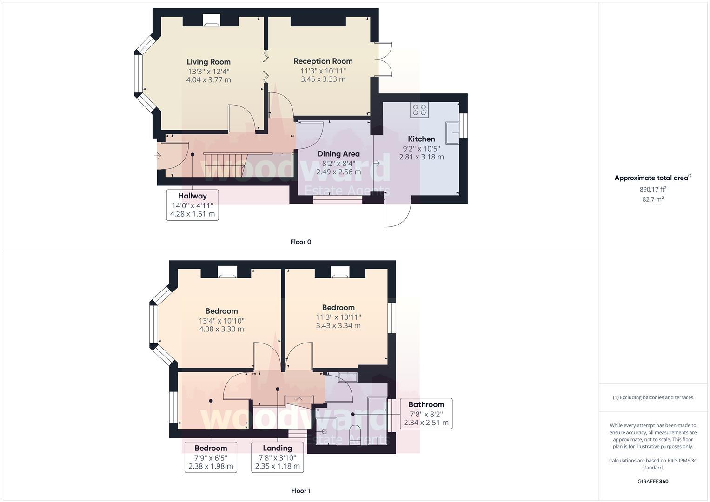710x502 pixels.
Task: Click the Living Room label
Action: [208, 62]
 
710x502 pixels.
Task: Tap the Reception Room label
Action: [323, 61]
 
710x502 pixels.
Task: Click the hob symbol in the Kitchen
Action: [419, 110]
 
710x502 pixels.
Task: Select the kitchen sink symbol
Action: [452, 133]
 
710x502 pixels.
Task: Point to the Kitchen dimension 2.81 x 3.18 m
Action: [421, 157]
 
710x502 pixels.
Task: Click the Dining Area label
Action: [338, 154]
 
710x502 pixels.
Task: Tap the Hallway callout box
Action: [192, 205]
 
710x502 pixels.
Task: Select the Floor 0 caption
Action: [300, 242]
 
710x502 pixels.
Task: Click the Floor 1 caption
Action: [300, 491]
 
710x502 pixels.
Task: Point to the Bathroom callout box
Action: [426, 413]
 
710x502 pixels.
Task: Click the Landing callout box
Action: [277, 457]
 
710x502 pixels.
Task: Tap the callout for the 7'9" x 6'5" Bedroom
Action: [211, 457]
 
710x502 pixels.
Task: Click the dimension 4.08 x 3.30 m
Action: [221, 329]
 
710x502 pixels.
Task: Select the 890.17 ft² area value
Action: [653, 189]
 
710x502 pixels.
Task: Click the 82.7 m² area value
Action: [653, 199]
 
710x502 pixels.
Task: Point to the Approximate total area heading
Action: [652, 178]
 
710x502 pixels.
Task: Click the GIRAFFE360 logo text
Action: [653, 482]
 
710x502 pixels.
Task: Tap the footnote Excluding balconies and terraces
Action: [653, 397]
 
